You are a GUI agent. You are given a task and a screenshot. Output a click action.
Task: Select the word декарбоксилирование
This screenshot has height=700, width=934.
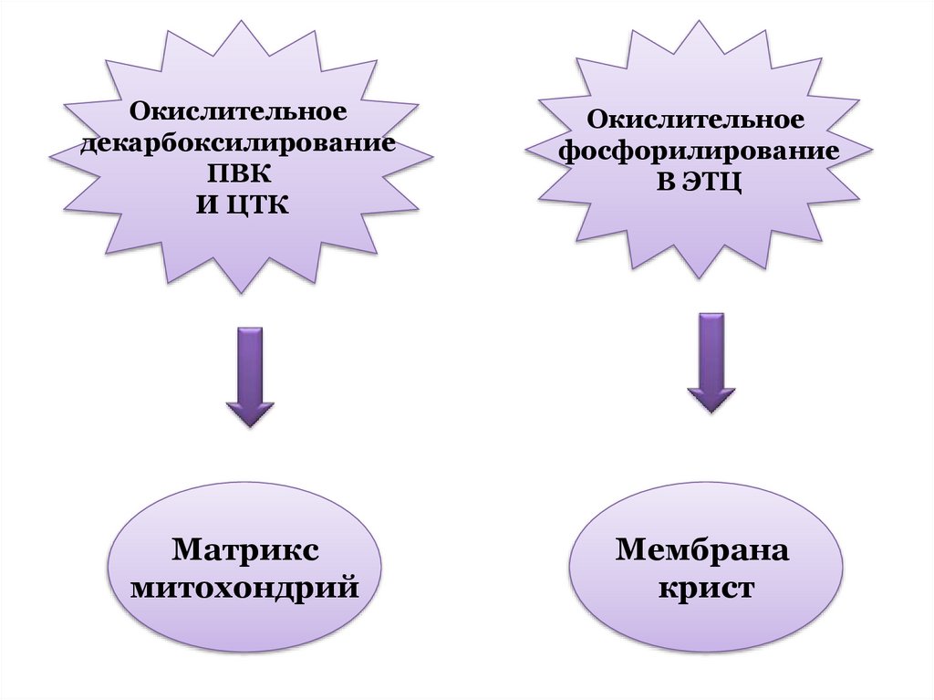tap(238, 144)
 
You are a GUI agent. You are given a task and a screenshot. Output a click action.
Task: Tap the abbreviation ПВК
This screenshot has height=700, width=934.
tap(240, 174)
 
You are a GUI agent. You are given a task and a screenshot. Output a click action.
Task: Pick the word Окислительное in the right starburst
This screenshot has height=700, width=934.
tap(695, 120)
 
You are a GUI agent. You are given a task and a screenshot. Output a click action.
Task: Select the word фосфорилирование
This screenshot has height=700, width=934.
tap(699, 151)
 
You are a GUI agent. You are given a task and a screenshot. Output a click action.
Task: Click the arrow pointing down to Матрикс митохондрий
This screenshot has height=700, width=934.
tap(249, 374)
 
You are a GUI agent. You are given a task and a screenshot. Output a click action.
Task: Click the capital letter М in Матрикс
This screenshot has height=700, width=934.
tap(186, 551)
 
